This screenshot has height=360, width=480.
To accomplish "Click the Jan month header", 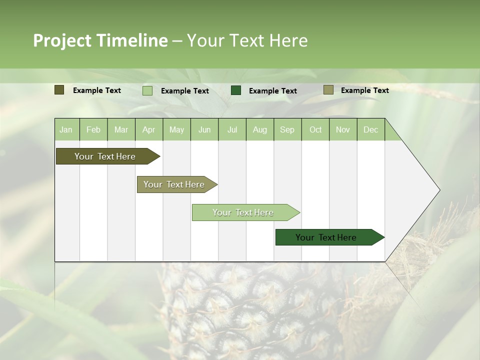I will tap(66, 129).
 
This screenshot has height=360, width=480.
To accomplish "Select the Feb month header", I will tap(93, 129).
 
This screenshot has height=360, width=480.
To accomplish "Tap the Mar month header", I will tap(121, 129).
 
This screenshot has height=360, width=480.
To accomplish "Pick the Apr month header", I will tap(149, 129).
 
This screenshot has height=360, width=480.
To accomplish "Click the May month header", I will tap(176, 129).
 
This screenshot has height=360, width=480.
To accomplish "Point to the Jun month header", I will tap(204, 129).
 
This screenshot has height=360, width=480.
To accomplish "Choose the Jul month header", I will tap(232, 129).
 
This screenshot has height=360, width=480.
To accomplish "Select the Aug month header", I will tap(260, 129).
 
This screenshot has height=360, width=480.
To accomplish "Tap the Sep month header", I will tap(287, 129).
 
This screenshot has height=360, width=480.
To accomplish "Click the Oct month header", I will tap(315, 129).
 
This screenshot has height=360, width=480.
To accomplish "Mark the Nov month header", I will tap(343, 129).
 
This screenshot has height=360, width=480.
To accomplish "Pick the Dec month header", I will tap(370, 129).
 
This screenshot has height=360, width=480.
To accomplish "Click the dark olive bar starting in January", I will tap(105, 156).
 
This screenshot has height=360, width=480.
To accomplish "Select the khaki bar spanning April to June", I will tap(174, 184).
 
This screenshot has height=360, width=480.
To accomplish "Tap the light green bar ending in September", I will tap(243, 212).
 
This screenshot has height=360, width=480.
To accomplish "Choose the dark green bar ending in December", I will tap(326, 237).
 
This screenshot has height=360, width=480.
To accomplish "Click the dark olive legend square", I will tap(59, 90).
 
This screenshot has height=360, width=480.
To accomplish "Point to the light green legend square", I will tap(147, 90).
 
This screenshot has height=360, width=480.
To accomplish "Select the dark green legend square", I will tap(236, 90).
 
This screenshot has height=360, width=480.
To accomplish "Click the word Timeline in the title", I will tap(132, 40).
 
